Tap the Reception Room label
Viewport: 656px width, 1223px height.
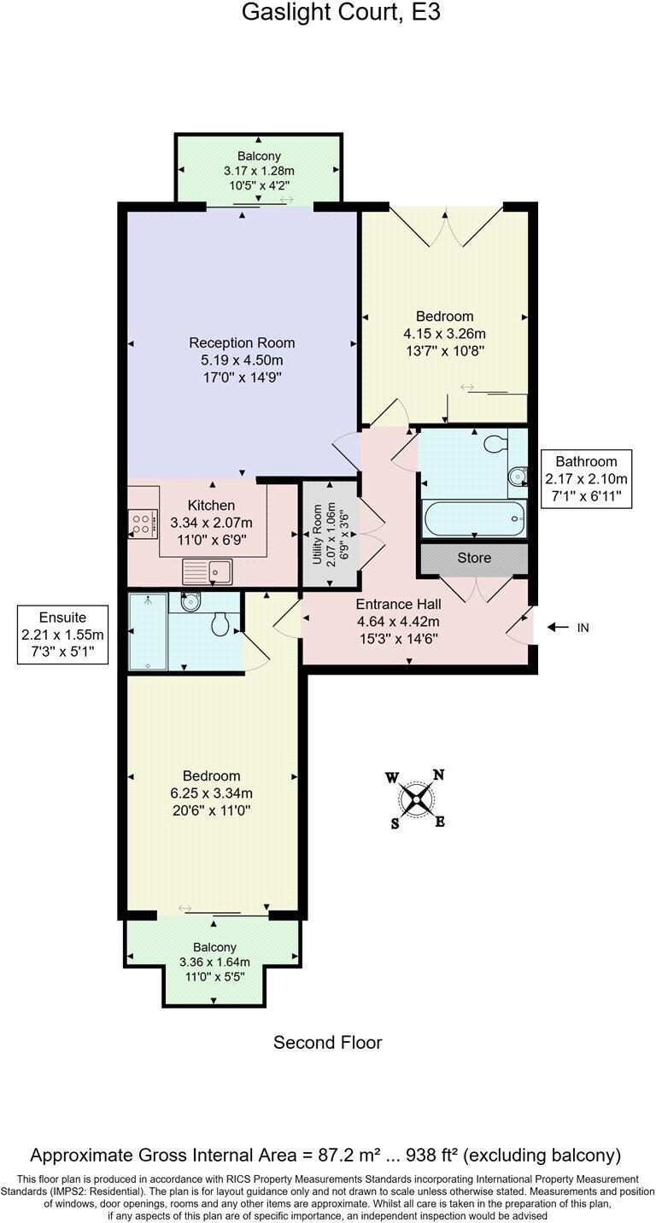243,342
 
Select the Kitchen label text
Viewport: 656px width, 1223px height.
211,506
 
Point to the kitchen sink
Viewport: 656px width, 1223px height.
206,570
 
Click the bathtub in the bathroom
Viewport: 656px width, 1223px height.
473,518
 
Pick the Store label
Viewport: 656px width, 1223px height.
474,558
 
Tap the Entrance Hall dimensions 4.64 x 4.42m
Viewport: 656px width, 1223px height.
398,622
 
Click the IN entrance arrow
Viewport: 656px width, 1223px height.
568,628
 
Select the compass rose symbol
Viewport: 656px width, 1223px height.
417,799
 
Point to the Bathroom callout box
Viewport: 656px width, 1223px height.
586,478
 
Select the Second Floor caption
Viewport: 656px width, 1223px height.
327,1043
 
